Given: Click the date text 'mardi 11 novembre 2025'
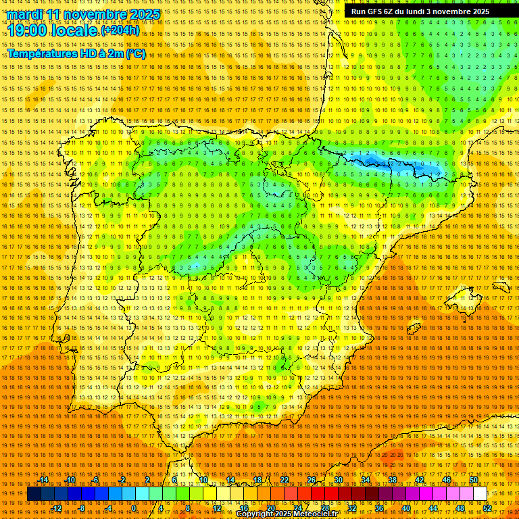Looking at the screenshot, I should pos(84,14).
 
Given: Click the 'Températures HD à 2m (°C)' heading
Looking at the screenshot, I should pos(76,54).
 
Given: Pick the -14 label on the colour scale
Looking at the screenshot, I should pos(43,480).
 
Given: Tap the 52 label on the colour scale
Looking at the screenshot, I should pos(487,508).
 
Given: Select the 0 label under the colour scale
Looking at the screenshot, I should pos(134,508).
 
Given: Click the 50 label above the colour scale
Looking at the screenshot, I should pos(474,480).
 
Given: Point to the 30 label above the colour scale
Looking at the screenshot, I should pos(338,480).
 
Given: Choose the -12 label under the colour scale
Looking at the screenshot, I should pos(57,508).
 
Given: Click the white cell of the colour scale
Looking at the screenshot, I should pos(480,494).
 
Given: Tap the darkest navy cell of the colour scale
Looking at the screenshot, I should pos(34,494).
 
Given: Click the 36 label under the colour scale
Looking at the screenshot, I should pos(378,508).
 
